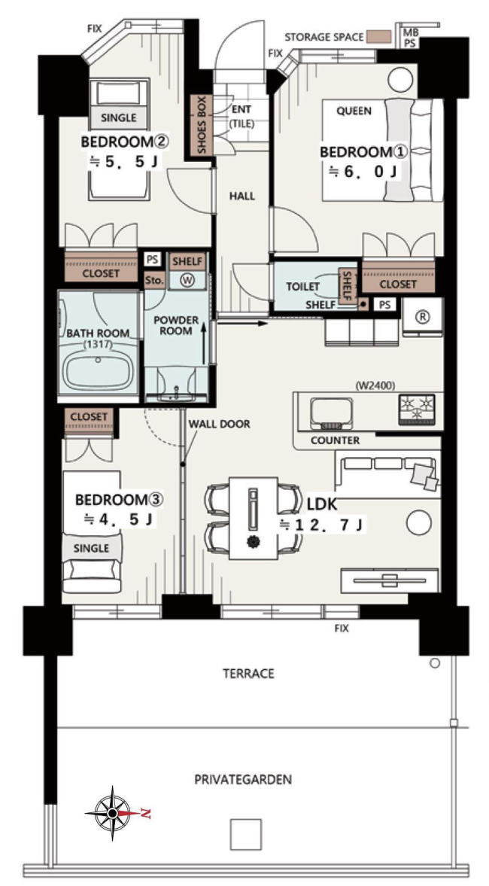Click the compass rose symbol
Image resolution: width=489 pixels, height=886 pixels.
point(112,813)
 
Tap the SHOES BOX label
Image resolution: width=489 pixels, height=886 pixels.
point(201,126)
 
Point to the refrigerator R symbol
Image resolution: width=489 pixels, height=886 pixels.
point(422,317)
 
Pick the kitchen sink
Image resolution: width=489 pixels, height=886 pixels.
point(329,412)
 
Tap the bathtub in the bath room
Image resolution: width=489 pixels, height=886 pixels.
point(99,370)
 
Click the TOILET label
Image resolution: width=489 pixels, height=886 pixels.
point(302,287)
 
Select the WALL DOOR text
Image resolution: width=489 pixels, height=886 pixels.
point(219,424)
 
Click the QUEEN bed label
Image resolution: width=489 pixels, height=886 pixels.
point(354,111)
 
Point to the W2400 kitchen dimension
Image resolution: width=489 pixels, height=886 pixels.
point(375,386)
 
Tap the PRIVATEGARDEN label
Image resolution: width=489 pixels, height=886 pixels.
point(243,780)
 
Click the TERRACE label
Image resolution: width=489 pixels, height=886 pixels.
point(248,674)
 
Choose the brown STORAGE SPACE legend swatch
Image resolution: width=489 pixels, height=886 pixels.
point(378,37)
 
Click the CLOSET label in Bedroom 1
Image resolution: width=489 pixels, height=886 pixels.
point(397,285)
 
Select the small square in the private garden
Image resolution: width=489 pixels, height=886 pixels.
point(246,834)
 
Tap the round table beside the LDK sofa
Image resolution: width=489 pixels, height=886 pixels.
point(418,522)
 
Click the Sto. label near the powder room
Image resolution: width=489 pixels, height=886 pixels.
point(154,281)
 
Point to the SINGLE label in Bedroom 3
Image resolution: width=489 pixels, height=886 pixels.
point(92,548)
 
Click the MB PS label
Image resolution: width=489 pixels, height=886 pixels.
point(411,38)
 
